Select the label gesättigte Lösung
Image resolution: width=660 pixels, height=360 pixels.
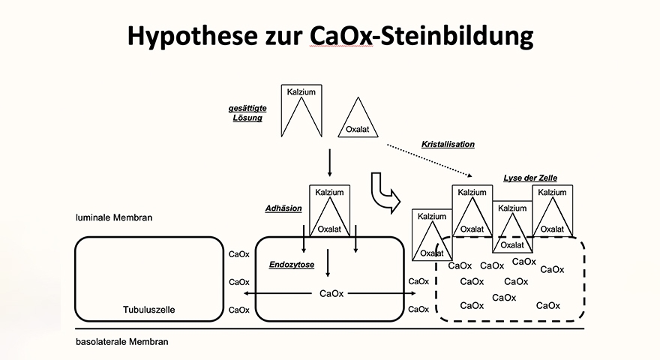pyautogui.click(x=247, y=113)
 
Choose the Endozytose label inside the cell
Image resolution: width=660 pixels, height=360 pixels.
pyautogui.click(x=292, y=265)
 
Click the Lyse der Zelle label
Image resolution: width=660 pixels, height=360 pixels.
pyautogui.click(x=530, y=178)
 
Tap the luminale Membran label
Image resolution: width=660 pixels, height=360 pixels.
pyautogui.click(x=114, y=218)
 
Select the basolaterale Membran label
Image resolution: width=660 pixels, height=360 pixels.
pyautogui.click(x=122, y=342)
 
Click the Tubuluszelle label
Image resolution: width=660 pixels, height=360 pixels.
pyautogui.click(x=149, y=309)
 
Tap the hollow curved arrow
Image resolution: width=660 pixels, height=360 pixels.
pyautogui.click(x=382, y=191)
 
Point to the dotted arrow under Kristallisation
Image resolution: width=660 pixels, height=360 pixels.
pyautogui.click(x=427, y=160)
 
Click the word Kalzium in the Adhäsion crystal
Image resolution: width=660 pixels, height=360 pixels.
pyautogui.click(x=329, y=193)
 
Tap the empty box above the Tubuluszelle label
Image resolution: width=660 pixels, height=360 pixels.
pyautogui.click(x=149, y=270)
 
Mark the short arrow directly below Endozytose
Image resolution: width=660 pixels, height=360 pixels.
pyautogui.click(x=328, y=262)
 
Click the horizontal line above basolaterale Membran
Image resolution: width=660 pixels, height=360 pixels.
pyautogui.click(x=330, y=329)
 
